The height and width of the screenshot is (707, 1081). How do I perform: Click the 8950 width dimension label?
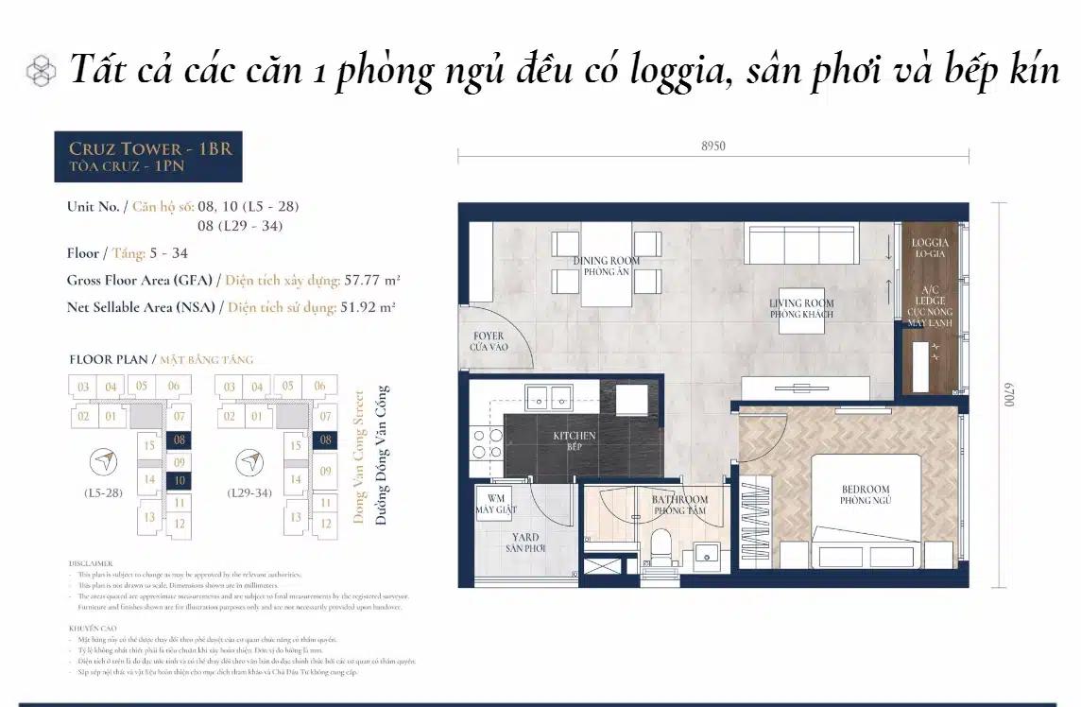[x=714, y=147]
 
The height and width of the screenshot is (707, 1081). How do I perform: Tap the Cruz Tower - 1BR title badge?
[x=148, y=156]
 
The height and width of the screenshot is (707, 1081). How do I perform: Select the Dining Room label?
[x=606, y=266]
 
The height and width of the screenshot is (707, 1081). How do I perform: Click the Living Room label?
[x=801, y=308]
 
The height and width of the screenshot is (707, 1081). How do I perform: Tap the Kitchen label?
[x=575, y=440]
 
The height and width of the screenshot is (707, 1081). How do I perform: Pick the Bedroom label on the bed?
[x=866, y=494]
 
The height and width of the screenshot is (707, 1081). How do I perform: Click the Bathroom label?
[x=679, y=505]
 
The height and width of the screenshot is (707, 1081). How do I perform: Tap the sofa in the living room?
[x=800, y=244]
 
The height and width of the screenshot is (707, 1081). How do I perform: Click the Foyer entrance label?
[x=488, y=341]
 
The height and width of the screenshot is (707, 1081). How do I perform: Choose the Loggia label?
[x=929, y=249]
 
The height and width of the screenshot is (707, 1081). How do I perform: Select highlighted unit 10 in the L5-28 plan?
[x=178, y=481]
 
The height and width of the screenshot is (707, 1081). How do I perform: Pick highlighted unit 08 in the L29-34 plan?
[x=325, y=440]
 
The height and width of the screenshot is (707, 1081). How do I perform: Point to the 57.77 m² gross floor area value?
[x=363, y=281]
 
